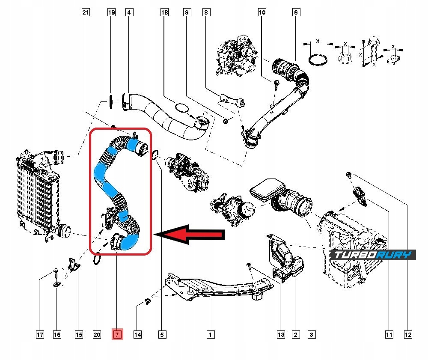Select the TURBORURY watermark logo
374,255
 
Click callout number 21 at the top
86,13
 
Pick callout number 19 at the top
111,13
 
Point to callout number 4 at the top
128,13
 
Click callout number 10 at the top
262,13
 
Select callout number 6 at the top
295,13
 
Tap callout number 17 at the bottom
40,334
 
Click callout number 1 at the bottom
210,334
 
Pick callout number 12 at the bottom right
407,334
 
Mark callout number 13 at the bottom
280,334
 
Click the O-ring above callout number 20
97,259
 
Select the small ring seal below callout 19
111,102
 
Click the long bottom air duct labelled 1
214,287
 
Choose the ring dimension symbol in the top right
317,60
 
